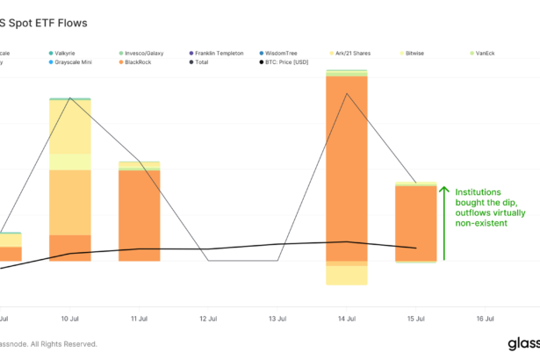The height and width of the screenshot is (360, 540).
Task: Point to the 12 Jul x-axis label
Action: (208, 319)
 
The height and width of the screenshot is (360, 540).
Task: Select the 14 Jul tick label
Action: (347, 319)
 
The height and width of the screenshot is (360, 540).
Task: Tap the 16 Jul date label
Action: (485, 319)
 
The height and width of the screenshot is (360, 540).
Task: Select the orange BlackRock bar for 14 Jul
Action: (347, 167)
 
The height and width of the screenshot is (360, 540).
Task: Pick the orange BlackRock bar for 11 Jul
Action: (140, 215)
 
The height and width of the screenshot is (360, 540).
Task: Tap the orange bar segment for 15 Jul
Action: (416, 223)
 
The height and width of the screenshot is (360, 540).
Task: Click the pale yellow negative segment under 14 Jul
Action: (347, 275)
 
